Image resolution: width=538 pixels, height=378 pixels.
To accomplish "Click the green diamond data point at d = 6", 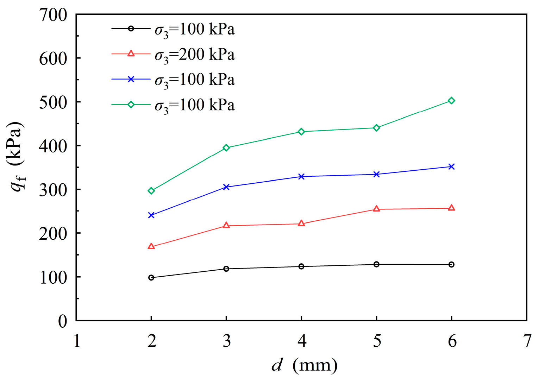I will coord(451,101).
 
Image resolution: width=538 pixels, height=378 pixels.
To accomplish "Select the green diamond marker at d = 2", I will coord(151,191).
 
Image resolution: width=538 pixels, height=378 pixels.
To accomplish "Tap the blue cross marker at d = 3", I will coord(226,187).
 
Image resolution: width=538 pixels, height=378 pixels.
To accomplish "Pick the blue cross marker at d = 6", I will coord(451,166).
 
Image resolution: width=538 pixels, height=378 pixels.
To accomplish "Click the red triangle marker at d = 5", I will coord(376,209).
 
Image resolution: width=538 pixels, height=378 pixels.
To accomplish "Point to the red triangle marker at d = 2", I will coord(151,246).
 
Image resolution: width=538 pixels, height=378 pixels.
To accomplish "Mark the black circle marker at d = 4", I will coord(301,266).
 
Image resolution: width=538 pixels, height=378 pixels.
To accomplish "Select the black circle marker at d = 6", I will coord(451,264).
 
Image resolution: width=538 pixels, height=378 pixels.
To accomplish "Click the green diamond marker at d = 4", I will coord(301,132).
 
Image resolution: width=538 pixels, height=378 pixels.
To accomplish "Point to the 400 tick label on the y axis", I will coord(53,146).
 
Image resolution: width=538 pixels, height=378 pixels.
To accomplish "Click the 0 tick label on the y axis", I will coord(62,321).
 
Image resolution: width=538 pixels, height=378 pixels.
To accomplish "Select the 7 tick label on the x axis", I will coord(527,341).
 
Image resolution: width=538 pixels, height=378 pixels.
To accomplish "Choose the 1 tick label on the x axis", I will coord(77,341).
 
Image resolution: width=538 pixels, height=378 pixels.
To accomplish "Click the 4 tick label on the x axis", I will coord(302,341).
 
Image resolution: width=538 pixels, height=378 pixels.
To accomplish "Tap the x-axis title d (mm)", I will coord(304,365).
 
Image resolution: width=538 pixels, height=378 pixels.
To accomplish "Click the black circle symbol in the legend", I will coord(131,29).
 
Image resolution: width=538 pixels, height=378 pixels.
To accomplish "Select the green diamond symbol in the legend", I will coord(131,105).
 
